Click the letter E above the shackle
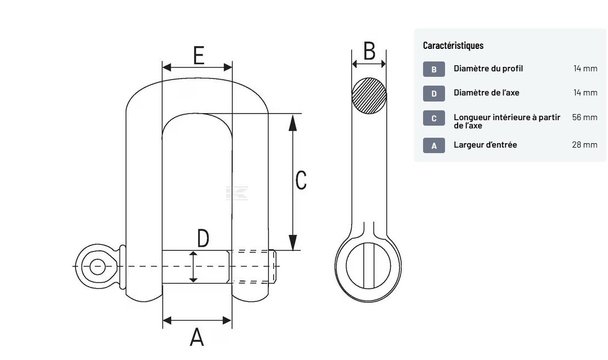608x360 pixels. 199,55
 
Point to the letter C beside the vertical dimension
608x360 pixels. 301,180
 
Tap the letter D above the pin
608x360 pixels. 203,239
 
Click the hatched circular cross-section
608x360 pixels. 369,95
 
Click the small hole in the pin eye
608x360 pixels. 98,267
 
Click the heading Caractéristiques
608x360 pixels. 453,46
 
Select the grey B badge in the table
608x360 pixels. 434,69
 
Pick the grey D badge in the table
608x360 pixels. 434,93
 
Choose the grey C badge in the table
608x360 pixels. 434,118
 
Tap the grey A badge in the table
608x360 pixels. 434,145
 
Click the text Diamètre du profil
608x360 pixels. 488,69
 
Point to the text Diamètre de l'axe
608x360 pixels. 486,93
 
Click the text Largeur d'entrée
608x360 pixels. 485,145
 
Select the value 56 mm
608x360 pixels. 584,117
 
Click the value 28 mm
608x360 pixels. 584,145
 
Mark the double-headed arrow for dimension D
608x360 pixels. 193,267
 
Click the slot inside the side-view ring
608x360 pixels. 368,264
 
